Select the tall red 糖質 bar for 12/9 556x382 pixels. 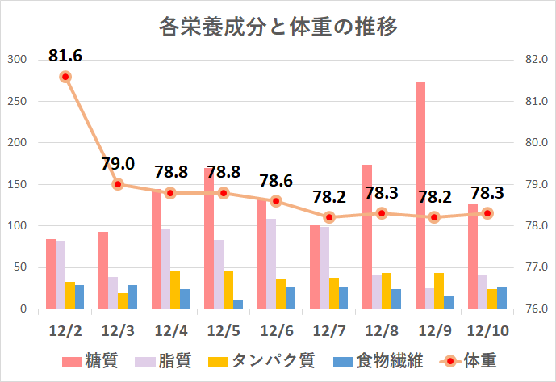pyautogui.click(x=420, y=194)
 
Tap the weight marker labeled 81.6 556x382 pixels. pyautogui.click(x=65, y=77)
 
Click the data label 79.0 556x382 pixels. pyautogui.click(x=118, y=164)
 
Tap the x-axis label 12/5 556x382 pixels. pyautogui.click(x=224, y=332)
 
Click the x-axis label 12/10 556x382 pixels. pyautogui.click(x=487, y=332)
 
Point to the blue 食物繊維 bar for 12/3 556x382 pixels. pyautogui.click(x=132, y=297)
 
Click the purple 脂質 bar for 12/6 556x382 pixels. pyautogui.click(x=271, y=264)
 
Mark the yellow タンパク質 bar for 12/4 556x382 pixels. pyautogui.click(x=175, y=290)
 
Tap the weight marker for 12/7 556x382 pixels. pyautogui.click(x=329, y=217)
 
